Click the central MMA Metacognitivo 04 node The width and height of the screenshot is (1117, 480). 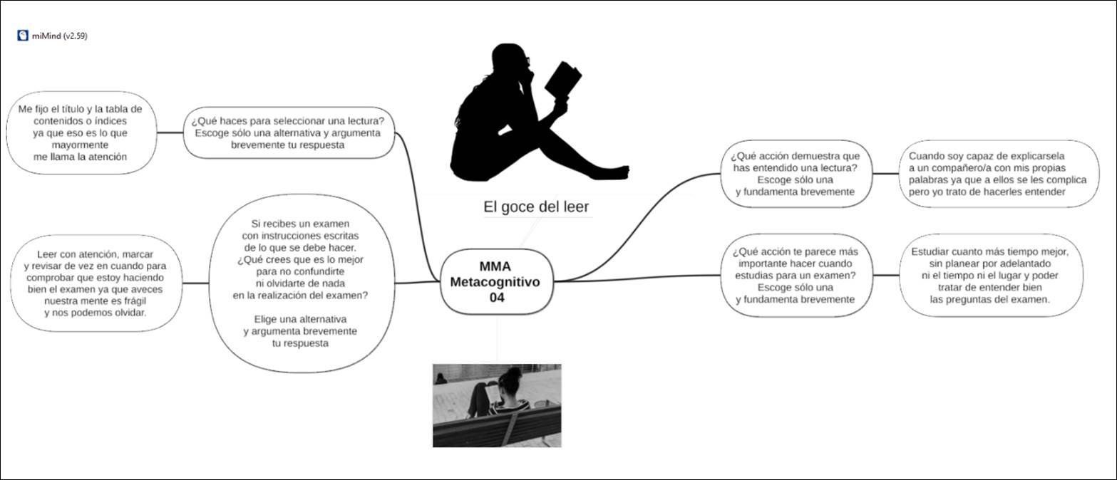tap(496, 281)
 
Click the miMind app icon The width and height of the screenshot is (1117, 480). tap(23, 36)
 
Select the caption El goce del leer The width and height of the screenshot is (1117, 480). tap(536, 207)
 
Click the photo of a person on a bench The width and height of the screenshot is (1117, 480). tap(497, 405)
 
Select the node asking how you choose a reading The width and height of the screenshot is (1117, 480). tap(288, 132)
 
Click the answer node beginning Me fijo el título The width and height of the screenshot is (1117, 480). tap(80, 132)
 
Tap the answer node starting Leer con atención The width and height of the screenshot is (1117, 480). tap(96, 283)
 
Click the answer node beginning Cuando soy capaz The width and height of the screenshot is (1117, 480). tap(997, 174)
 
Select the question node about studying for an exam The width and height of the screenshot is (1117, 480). tap(795, 276)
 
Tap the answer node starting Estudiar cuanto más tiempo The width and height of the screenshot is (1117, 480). tap(989, 276)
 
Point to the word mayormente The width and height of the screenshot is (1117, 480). tap(80, 145)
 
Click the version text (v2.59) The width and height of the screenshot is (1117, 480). tap(75, 36)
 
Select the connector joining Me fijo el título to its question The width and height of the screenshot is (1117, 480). tap(169, 132)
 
